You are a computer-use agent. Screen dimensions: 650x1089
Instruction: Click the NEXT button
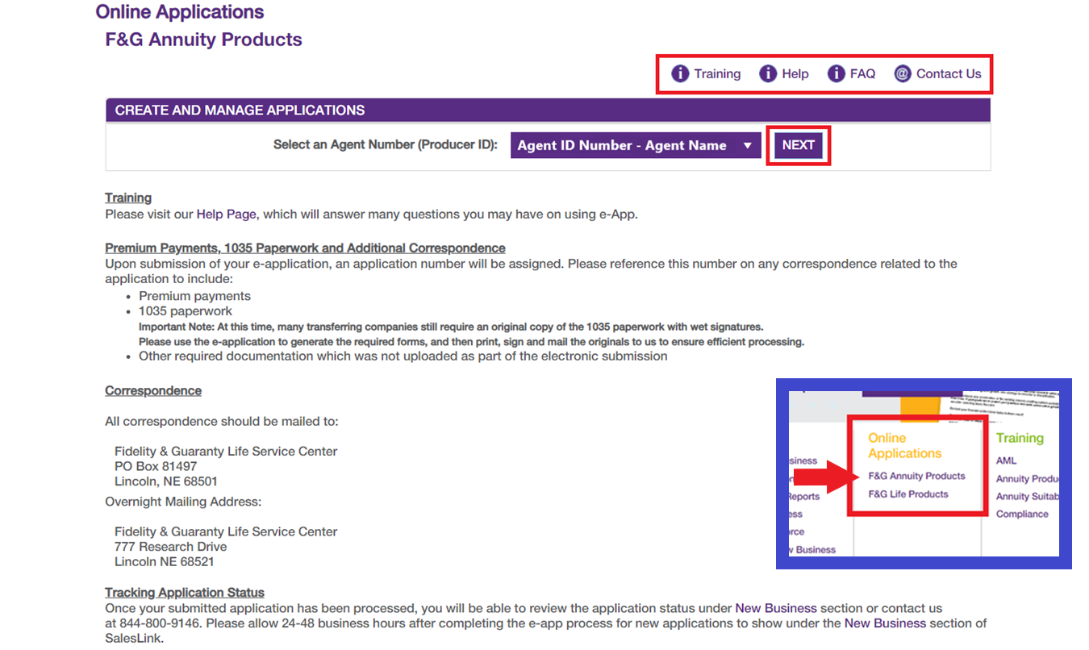[798, 145]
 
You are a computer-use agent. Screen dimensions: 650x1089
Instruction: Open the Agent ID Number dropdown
[636, 145]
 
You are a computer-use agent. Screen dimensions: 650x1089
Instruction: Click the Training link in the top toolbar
[716, 73]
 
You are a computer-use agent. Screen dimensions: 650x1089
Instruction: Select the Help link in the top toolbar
[795, 73]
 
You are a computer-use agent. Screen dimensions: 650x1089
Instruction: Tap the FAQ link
[862, 73]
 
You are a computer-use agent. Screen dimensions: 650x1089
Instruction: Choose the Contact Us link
[949, 73]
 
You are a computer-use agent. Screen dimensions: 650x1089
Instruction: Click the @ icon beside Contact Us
[902, 73]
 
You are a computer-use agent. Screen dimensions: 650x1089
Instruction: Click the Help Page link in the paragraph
[226, 214]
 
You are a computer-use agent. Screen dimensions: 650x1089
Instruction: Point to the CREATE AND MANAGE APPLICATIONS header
[240, 110]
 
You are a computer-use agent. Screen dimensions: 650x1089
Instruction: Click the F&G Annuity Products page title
[203, 40]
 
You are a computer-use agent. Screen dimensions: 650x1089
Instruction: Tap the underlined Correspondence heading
[153, 390]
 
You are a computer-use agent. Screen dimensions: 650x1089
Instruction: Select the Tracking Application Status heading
[185, 593]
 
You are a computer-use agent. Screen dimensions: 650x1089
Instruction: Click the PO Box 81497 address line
[156, 466]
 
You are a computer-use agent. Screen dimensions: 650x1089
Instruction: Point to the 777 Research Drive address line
[170, 547]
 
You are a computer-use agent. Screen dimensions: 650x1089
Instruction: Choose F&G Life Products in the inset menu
[908, 494]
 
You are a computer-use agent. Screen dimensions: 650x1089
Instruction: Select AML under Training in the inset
[1006, 460]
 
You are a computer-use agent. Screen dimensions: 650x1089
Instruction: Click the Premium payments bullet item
[194, 296]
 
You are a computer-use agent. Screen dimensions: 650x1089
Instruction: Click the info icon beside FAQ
[837, 73]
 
